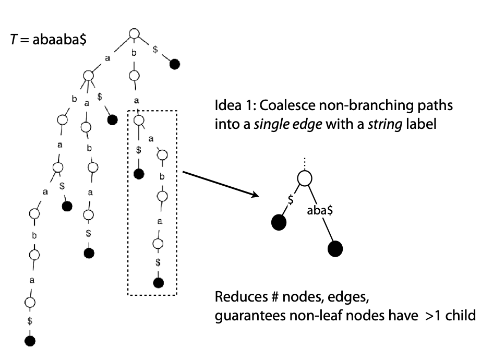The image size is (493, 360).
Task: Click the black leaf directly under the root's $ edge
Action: point(175,64)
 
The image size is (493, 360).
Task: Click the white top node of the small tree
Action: point(305,178)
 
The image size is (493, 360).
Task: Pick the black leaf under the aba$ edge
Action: point(335,248)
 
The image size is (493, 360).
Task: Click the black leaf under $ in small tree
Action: point(279,223)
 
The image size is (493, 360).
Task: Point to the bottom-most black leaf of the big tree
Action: point(30,341)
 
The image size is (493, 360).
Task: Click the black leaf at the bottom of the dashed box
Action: point(158,283)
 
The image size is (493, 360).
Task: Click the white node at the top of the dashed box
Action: point(138,121)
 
